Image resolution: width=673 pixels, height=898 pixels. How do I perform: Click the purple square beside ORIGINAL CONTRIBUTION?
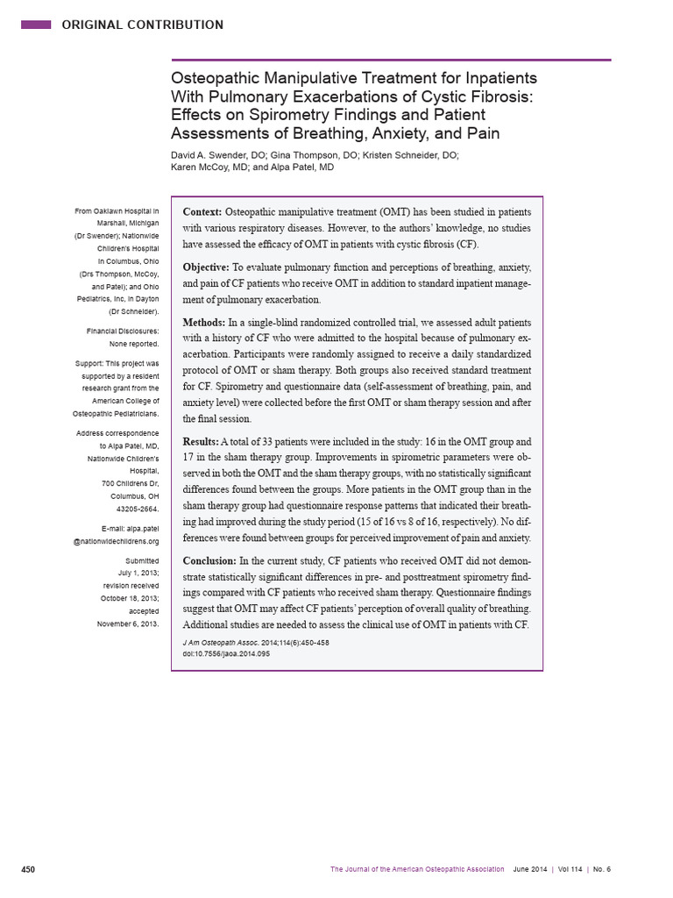pos(36,25)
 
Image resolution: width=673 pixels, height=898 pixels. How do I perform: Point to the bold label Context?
pos(202,212)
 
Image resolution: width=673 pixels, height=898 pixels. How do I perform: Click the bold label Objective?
pos(207,267)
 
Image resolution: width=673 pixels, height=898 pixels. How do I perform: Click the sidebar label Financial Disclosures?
pos(123,331)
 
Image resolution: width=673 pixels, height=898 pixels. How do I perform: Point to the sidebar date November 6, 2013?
pos(128,624)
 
